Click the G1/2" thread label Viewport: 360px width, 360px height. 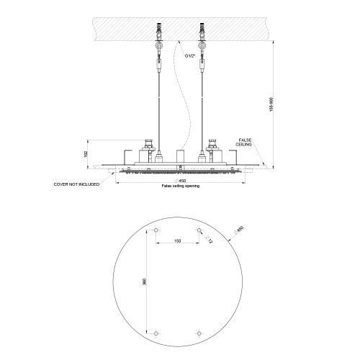189,55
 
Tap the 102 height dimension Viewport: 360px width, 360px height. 85,153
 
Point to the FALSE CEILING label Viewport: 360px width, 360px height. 244,143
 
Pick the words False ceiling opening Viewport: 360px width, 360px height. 180,186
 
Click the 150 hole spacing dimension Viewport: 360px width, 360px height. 178,241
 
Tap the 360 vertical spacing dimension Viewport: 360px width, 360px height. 145,283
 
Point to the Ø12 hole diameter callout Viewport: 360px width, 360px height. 209,240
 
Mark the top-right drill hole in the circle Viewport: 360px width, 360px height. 199,230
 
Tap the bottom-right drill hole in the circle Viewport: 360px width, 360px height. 199,334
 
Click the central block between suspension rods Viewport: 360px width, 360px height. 180,156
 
